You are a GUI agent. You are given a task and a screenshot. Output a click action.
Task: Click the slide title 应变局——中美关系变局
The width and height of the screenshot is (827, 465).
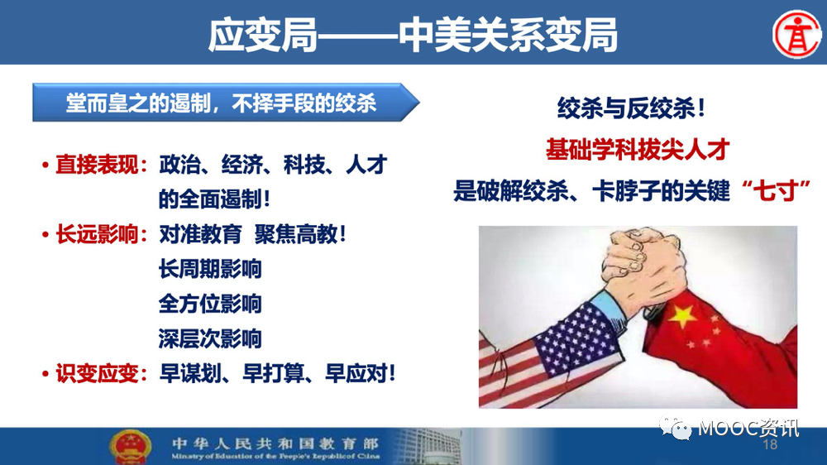tap(413, 35)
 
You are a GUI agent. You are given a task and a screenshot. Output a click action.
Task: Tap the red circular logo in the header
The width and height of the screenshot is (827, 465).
tap(796, 34)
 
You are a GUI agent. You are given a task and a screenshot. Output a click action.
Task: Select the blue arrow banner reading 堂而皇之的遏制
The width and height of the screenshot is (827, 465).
tap(226, 103)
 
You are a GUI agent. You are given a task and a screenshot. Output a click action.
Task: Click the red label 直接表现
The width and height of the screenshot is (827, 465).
tap(97, 165)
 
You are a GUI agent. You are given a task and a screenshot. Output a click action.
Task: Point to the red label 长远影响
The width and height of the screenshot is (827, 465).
tap(97, 234)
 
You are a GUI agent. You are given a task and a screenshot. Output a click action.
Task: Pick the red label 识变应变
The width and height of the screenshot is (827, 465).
tap(97, 374)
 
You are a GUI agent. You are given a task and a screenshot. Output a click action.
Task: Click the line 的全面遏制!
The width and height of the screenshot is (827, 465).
tap(215, 199)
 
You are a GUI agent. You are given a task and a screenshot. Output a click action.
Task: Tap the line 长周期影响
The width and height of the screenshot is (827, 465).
tap(210, 269)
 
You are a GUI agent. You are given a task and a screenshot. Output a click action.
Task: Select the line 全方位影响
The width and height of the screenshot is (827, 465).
tap(210, 304)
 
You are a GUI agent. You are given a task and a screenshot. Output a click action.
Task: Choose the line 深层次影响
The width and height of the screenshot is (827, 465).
tap(210, 338)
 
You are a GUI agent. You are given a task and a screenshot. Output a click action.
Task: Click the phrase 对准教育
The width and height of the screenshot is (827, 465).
tap(200, 234)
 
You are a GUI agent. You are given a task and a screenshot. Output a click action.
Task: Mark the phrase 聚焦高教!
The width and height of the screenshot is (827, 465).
tap(300, 234)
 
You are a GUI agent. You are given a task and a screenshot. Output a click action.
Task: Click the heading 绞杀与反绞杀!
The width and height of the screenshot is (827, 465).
tap(631, 108)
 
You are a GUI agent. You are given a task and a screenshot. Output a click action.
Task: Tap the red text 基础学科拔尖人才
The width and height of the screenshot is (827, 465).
tap(638, 150)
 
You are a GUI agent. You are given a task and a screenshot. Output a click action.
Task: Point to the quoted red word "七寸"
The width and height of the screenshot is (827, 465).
tap(776, 190)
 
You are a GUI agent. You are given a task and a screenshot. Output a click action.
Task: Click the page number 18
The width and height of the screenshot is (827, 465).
tap(770, 445)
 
